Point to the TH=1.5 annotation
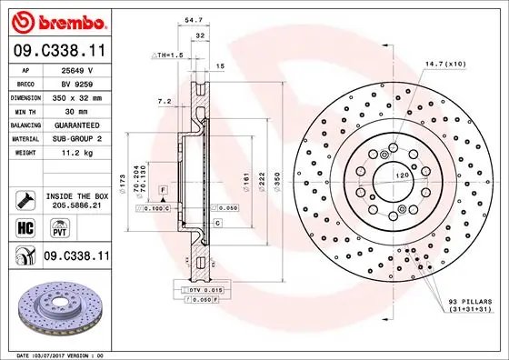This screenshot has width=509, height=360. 167,55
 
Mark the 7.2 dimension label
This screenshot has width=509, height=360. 165,102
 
